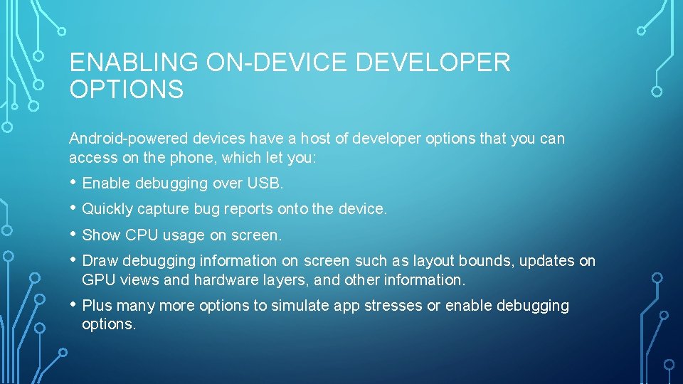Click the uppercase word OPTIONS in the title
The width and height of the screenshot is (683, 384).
coord(126,90)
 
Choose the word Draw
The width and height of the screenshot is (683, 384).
coord(98,261)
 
